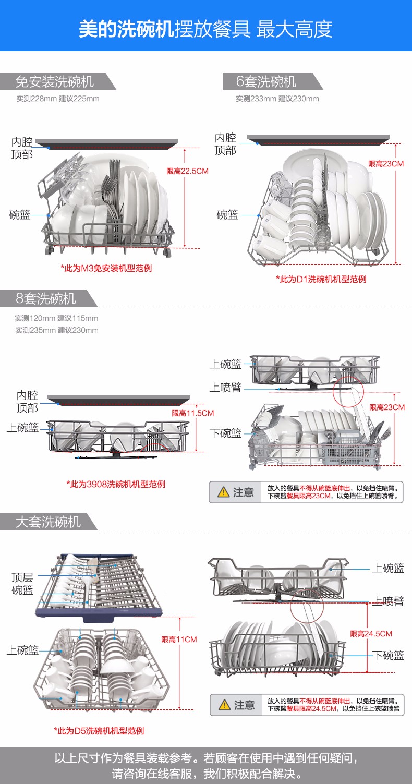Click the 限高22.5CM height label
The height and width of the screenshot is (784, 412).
coord(187,171)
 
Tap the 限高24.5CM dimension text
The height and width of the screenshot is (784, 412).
coord(371,633)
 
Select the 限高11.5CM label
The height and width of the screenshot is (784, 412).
coord(192,413)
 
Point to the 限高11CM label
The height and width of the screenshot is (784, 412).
coord(179,640)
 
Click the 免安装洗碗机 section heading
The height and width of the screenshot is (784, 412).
coord(55,82)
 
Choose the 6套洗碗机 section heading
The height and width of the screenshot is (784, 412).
coord(266,81)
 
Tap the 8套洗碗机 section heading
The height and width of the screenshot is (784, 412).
coord(45,298)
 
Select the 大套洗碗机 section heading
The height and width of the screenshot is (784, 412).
coord(48,522)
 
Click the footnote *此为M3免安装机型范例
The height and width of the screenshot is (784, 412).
coord(106,269)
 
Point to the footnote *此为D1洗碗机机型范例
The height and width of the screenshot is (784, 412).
coord(321,279)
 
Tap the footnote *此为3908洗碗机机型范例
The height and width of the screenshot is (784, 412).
coord(115,484)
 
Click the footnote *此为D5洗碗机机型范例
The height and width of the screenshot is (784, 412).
coord(99,731)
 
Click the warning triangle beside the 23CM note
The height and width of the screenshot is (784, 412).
coord(223,492)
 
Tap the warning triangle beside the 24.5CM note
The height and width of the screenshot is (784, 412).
coord(224,705)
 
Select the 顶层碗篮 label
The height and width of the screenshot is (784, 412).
coord(22,584)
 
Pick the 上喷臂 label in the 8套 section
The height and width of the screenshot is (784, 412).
coord(225,388)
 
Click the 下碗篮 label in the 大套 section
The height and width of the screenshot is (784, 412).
coord(388,655)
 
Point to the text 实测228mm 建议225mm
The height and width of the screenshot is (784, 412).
coord(58,99)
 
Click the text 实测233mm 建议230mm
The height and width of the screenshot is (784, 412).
coord(277,99)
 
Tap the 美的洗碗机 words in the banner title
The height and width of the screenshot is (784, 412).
coord(126,29)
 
